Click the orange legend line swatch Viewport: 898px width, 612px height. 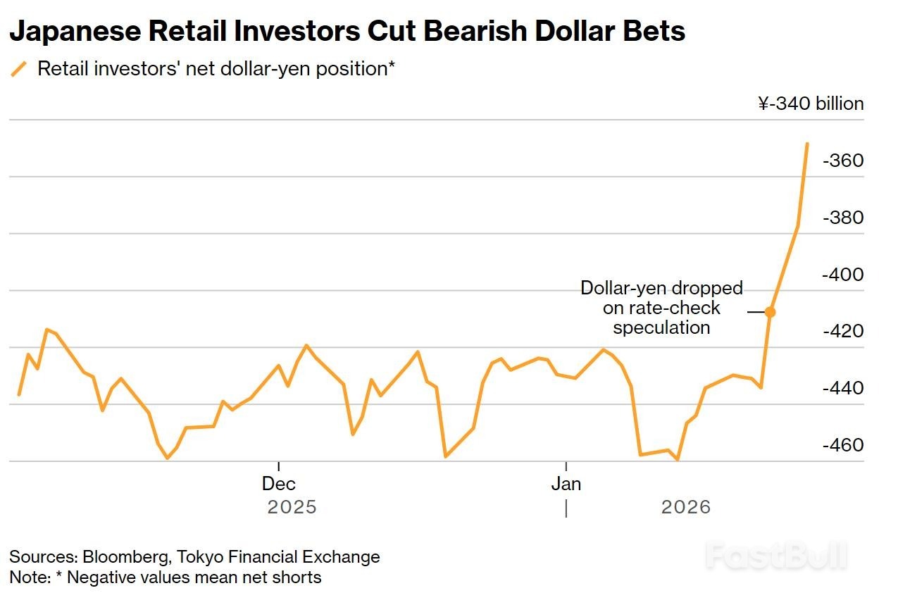pyautogui.click(x=19, y=69)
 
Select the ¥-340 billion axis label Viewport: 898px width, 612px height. pyautogui.click(x=811, y=104)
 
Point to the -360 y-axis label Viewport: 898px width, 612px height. pyautogui.click(x=842, y=161)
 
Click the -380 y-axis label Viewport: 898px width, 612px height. pyautogui.click(x=842, y=218)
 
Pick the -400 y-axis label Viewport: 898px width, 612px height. pyautogui.click(x=842, y=275)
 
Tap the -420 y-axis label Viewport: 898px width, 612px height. pyautogui.click(x=842, y=331)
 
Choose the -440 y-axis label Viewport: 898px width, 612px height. pyautogui.click(x=842, y=388)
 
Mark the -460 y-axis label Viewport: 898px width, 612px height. pyautogui.click(x=842, y=445)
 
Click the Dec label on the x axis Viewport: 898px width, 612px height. pyautogui.click(x=279, y=484)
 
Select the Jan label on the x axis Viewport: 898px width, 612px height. pyautogui.click(x=566, y=484)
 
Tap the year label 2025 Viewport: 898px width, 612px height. pyautogui.click(x=292, y=507)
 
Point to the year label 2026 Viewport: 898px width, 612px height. pyautogui.click(x=686, y=507)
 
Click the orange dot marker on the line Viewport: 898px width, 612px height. pyautogui.click(x=771, y=312)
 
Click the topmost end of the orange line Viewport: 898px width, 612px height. pyautogui.click(x=807, y=144)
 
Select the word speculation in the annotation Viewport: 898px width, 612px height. pyautogui.click(x=661, y=327)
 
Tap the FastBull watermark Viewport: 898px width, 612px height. pyautogui.click(x=775, y=556)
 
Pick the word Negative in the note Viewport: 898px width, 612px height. pyautogui.click(x=99, y=577)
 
